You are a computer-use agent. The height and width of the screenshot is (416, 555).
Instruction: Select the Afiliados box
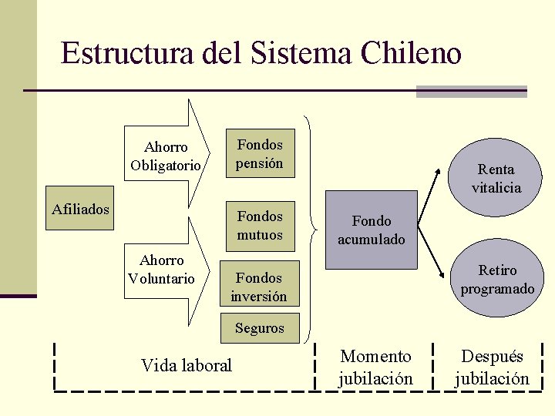[80, 209]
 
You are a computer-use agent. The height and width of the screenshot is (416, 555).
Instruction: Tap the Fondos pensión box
[260, 153]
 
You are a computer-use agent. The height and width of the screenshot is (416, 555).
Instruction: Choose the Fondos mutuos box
[260, 226]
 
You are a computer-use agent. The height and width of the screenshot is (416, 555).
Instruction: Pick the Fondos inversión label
[260, 287]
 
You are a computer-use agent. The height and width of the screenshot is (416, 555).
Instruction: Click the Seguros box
[260, 328]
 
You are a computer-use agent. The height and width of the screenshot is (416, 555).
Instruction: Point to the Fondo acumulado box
[371, 230]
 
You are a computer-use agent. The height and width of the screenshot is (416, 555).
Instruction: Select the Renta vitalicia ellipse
[496, 178]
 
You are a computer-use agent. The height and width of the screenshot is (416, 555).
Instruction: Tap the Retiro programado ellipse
[497, 279]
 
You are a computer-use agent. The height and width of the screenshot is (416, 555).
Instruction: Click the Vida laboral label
[187, 365]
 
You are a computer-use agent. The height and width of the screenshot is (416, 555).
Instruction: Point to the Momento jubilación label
[376, 367]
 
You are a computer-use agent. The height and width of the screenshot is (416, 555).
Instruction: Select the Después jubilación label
[492, 367]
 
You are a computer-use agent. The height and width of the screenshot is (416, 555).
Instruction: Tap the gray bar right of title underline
[471, 91]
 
